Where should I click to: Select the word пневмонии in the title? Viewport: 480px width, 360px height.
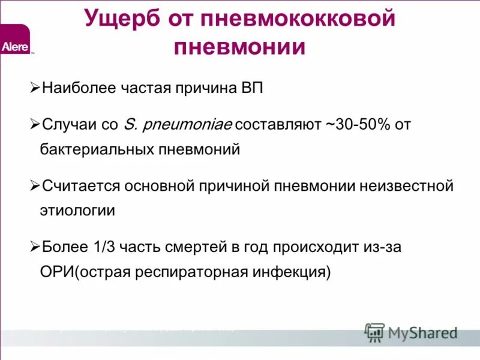pos(239,47)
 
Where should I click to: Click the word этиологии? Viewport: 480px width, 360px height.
pos(77,211)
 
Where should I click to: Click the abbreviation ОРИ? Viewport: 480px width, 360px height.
pos(56,272)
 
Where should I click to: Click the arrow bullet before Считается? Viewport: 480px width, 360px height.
pos(35,186)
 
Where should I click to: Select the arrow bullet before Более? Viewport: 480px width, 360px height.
pos(35,247)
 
